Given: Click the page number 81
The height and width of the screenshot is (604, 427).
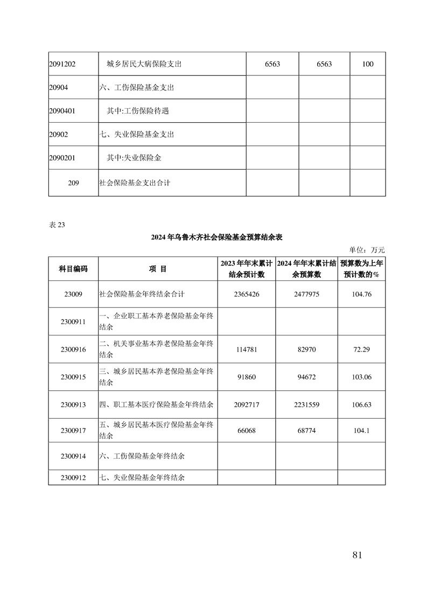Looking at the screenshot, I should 356,555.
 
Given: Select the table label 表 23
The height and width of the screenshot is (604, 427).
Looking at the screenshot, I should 57,226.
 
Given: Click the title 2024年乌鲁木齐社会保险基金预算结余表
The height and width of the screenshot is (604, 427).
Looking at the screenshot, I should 217,237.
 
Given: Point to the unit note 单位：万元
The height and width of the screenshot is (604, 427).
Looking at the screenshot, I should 367,250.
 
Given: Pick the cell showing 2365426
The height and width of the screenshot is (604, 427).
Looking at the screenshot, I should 246,294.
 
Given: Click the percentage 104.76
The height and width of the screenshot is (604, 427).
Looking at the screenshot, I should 361,294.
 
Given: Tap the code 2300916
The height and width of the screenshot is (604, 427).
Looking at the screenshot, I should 73,349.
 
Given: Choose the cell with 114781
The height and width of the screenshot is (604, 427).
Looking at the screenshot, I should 246,349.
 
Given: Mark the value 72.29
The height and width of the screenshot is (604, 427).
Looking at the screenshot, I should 361,349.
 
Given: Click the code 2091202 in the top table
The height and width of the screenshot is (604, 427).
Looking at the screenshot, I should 62,64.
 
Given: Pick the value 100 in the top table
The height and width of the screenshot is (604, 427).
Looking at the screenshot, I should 368,64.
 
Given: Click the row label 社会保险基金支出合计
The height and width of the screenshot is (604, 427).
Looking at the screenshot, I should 135,183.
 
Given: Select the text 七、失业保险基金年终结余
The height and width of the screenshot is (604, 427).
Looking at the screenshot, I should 142,477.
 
